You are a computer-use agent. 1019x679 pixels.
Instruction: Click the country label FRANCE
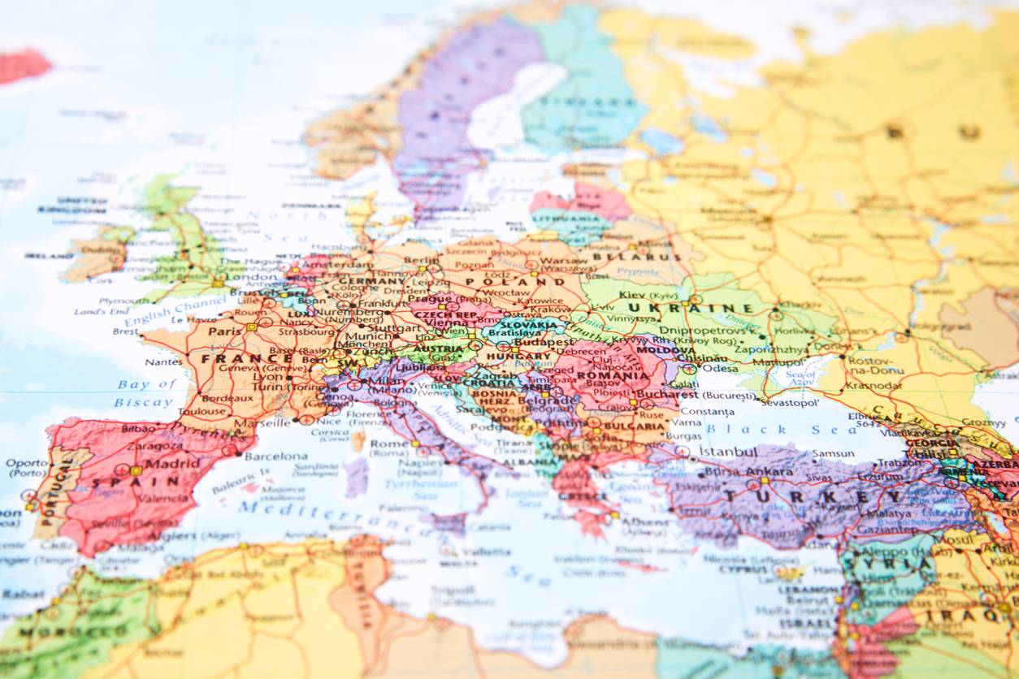(x=236, y=358)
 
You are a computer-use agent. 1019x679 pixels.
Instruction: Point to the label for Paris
(x=225, y=331)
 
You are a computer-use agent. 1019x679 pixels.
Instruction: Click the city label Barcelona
(x=276, y=456)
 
